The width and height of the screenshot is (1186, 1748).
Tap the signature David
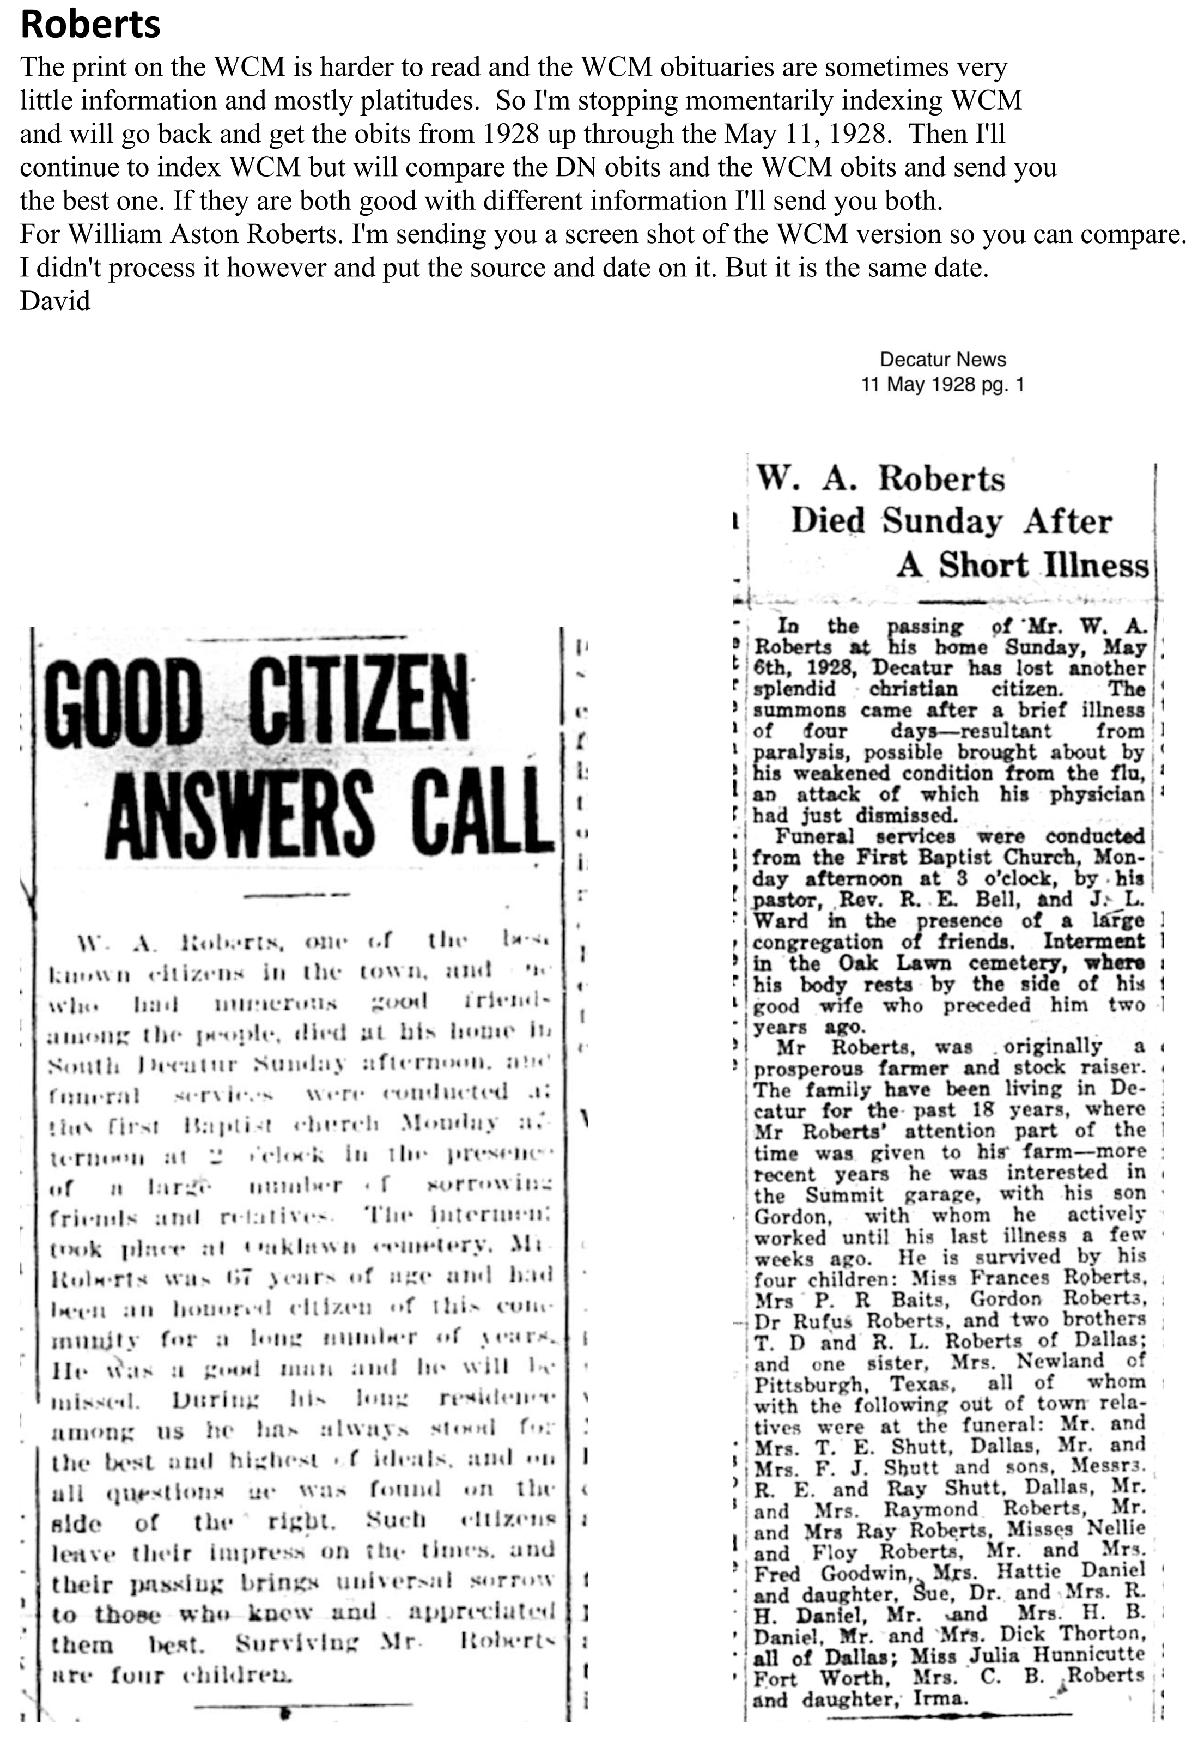pyautogui.click(x=55, y=301)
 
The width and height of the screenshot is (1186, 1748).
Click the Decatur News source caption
pyautogui.click(x=942, y=360)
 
